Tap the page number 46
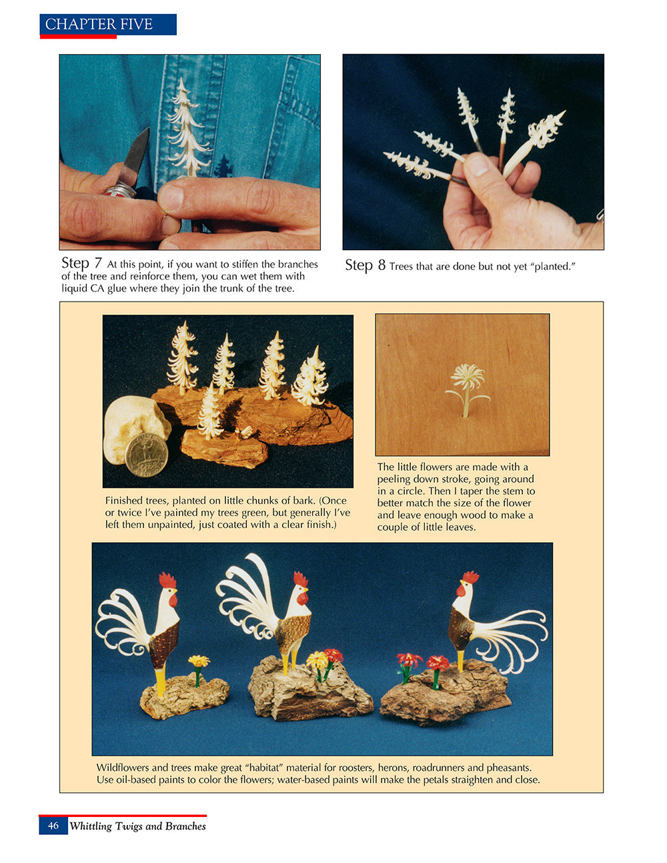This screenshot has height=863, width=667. point(53,826)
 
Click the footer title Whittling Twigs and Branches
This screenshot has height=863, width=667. point(137,826)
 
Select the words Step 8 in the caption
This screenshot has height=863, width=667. point(365,265)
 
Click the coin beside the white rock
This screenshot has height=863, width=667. point(147,454)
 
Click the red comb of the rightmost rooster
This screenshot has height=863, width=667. point(471,577)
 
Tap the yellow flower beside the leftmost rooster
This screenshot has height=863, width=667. point(198,662)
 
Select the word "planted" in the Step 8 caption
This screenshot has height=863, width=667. point(552,267)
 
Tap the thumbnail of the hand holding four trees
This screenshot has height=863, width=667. point(473,152)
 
